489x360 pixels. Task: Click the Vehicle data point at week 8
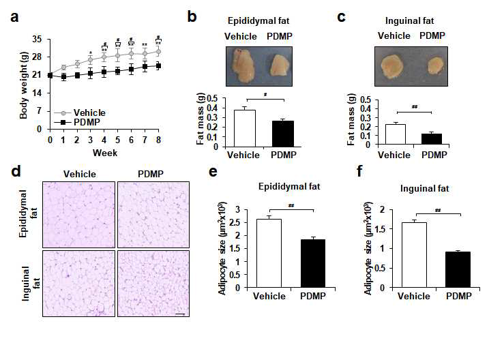coord(158,51)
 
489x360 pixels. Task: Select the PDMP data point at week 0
coord(50,75)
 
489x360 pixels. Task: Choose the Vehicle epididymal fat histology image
coord(78,215)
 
